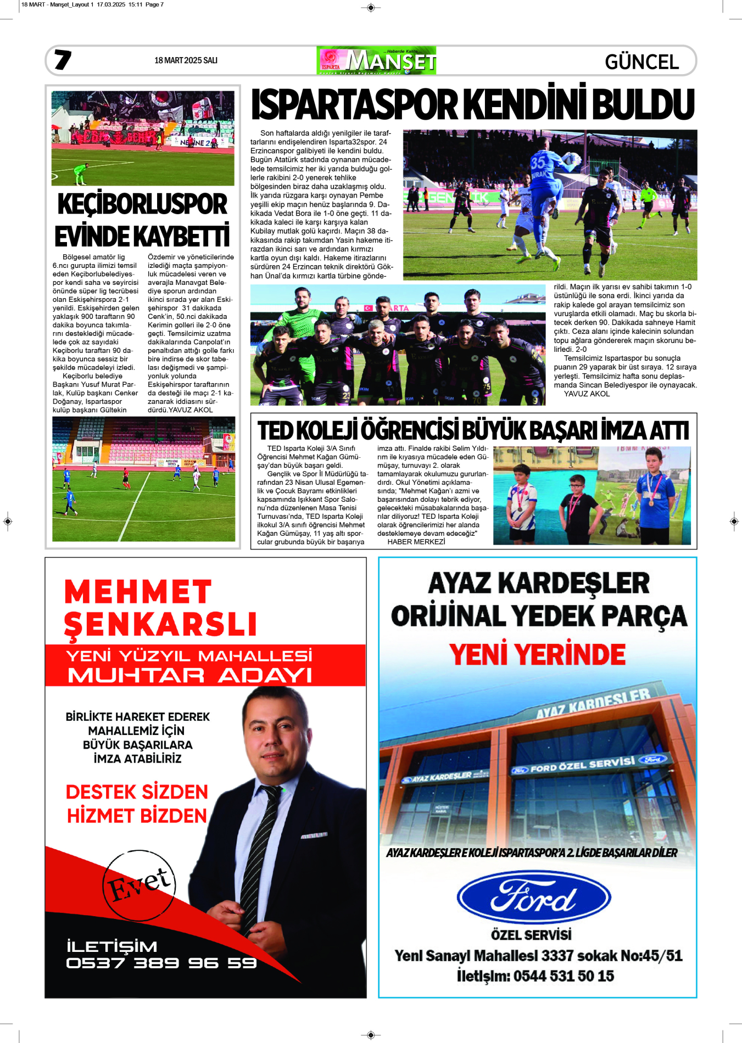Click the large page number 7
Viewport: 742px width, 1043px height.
tap(63, 60)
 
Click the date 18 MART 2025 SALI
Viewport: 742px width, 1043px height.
tap(186, 60)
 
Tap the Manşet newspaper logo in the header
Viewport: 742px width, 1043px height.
tap(376, 60)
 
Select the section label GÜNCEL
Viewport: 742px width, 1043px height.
tap(641, 62)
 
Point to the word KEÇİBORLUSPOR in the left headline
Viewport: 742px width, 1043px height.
tap(142, 204)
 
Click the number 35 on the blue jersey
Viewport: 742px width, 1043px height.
tap(538, 162)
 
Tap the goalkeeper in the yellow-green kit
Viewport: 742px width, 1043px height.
tap(81, 173)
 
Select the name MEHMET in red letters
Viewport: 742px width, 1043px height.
tap(138, 592)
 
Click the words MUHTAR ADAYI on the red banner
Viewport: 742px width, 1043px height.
tap(189, 675)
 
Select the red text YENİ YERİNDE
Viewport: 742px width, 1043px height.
tap(537, 654)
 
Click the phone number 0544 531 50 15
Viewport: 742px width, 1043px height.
tap(564, 976)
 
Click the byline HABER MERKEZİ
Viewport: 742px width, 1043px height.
tap(416, 542)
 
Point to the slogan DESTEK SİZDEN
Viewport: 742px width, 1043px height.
tap(137, 792)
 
